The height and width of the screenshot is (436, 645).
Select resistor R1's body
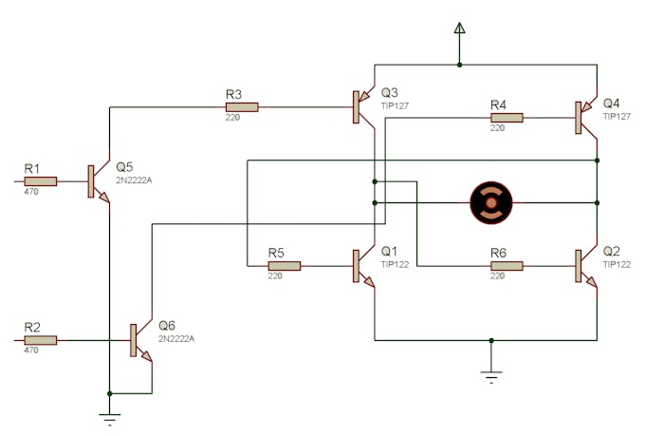click(41, 180)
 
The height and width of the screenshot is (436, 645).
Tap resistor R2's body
click(41, 339)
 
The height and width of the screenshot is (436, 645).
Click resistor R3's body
click(241, 107)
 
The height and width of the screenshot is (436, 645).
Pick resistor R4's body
click(506, 118)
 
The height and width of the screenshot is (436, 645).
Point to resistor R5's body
click(284, 266)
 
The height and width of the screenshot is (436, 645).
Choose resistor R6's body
click(506, 266)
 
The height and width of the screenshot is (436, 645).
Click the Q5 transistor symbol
click(97, 181)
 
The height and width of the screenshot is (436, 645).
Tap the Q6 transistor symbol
click(138, 340)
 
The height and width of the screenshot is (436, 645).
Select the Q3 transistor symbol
click(362, 107)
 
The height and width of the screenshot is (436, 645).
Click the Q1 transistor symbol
click(362, 266)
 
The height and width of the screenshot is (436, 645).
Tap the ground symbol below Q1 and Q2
click(490, 375)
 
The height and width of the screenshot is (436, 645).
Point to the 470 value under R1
click(32, 192)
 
